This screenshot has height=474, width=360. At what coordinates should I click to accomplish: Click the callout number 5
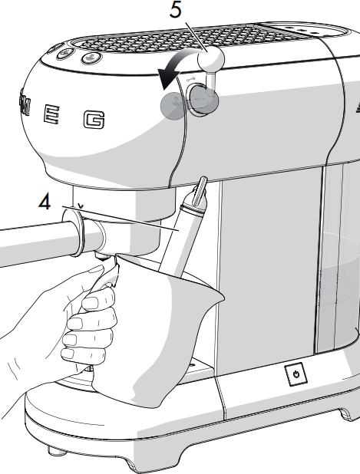tap(176, 10)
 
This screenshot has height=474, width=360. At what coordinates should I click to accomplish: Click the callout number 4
tap(45, 201)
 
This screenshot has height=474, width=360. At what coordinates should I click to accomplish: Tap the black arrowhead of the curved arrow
tap(167, 78)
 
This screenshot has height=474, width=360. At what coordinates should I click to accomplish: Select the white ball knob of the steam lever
tap(211, 59)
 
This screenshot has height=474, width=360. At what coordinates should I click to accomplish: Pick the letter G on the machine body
tap(94, 120)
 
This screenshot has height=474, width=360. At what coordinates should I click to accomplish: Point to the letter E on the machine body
tap(51, 114)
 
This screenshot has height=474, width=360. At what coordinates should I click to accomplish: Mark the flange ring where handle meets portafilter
tap(72, 232)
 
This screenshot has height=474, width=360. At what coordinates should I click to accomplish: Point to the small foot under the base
tap(57, 451)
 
